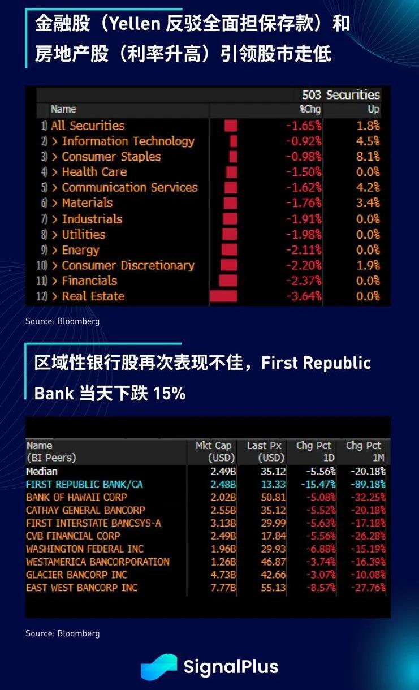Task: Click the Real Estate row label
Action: (93, 296)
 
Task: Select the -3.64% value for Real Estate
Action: (303, 296)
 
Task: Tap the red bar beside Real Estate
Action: (223, 296)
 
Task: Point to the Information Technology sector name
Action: (128, 141)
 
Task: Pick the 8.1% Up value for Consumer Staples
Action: (368, 157)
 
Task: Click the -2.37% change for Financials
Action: (303, 281)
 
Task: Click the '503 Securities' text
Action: (341, 94)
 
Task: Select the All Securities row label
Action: (88, 126)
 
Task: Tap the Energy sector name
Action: (80, 250)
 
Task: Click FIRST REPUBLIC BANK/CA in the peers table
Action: (84, 484)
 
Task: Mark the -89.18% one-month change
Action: (368, 484)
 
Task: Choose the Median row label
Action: (42, 471)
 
